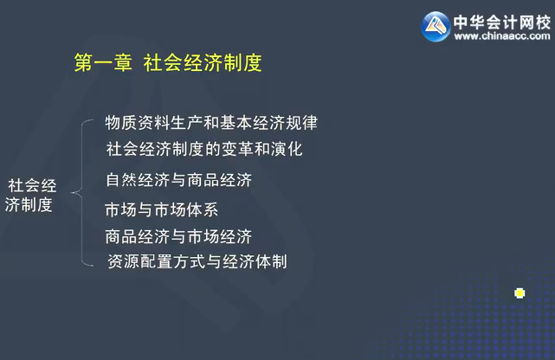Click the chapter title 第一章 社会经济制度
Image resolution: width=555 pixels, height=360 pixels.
pos(168,63)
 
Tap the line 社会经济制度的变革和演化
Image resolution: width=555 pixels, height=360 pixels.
pos(203,149)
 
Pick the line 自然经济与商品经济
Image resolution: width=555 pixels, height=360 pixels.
pos(177,181)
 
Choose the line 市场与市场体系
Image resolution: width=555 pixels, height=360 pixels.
pos(162,209)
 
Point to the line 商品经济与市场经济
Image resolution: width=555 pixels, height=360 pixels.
pos(177,235)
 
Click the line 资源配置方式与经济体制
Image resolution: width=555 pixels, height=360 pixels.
pos(197,260)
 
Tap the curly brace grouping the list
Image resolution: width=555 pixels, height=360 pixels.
pos(84,192)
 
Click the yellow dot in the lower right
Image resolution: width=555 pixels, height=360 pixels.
pos(520,292)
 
